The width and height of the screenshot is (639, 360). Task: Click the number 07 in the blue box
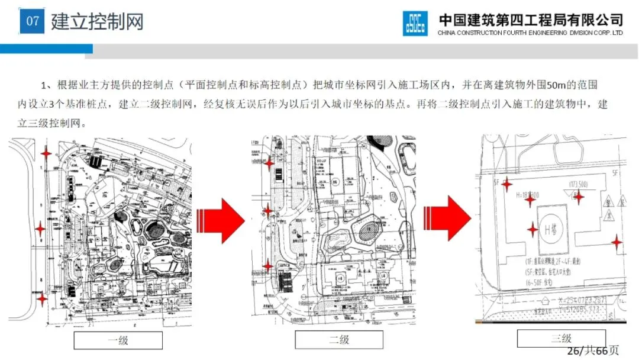click(x=33, y=21)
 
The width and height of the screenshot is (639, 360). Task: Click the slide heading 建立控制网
click(x=98, y=22)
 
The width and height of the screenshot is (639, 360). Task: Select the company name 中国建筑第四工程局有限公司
click(x=531, y=20)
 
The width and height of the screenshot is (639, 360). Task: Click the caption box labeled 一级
click(x=118, y=340)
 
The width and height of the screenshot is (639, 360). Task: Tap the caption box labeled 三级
click(x=561, y=338)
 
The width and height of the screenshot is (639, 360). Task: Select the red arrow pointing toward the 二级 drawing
click(x=221, y=220)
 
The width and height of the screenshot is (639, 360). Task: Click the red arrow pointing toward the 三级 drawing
click(x=447, y=217)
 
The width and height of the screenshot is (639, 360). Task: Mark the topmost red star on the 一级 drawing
click(x=46, y=153)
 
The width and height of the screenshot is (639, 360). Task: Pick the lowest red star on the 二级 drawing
click(x=269, y=266)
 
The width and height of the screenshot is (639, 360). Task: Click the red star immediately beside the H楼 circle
click(x=532, y=230)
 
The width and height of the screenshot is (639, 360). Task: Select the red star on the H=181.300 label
click(x=530, y=201)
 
